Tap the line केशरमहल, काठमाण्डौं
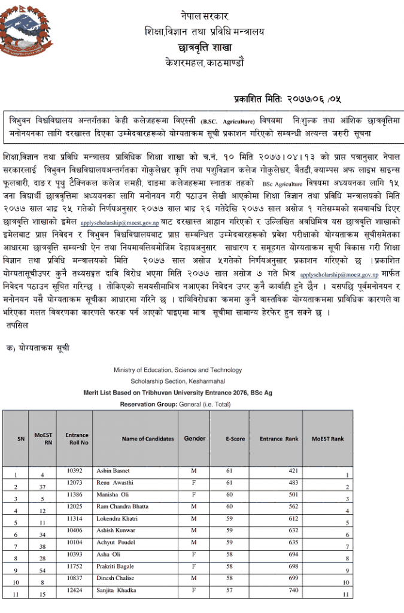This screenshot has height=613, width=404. [204, 62]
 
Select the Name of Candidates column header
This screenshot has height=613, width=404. [148, 439]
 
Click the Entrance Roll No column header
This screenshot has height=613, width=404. [77, 439]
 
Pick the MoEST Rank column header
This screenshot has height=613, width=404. [327, 439]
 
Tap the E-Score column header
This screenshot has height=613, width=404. [235, 439]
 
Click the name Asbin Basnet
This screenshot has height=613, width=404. [113, 471]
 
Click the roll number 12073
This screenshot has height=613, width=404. [75, 482]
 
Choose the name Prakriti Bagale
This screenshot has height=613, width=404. [116, 566]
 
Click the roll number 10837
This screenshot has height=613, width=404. [75, 578]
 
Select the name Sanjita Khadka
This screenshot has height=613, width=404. [116, 590]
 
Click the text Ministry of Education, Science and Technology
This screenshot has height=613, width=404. [178, 370]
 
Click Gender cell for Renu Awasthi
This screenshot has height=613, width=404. [193, 482]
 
